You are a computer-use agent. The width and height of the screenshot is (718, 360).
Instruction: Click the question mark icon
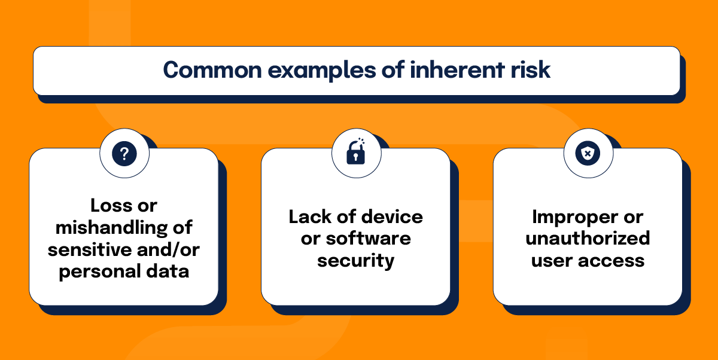(x=124, y=154)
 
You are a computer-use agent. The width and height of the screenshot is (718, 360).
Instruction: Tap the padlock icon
(x=355, y=153)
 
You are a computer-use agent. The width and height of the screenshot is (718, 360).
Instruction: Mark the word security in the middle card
(x=355, y=261)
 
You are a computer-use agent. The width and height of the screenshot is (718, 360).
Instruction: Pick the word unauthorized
(x=588, y=239)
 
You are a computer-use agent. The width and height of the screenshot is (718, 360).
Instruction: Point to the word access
(x=614, y=261)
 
